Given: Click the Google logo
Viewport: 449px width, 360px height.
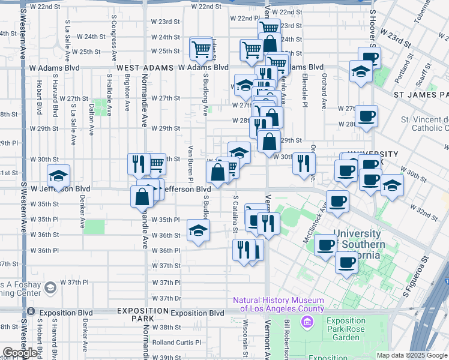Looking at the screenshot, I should tap(20, 353).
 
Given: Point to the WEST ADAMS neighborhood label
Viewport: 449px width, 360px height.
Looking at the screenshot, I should tap(145, 68).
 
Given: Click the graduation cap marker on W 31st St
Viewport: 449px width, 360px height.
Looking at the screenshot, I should tap(58, 176).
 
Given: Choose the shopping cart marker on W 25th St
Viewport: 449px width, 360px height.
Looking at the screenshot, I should tap(202, 49).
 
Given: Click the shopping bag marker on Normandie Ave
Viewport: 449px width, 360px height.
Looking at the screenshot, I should tap(143, 196).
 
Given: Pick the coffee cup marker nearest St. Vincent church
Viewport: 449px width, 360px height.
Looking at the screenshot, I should tap(366, 116).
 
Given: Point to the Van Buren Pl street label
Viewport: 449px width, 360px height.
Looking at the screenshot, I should tap(190, 163).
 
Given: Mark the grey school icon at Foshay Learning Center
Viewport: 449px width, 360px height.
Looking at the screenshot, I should tap(50, 289).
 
